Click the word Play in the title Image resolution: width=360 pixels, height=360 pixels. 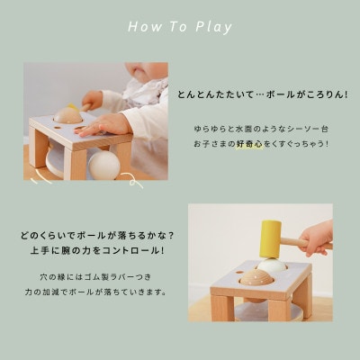pos(214,28)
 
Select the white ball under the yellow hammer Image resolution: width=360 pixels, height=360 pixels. pos(271,265)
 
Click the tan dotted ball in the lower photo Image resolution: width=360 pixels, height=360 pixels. pos(255,277)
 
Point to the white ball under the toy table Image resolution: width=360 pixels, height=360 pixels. pos(103,165)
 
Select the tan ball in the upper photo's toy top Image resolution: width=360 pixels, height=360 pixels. pos(68,115)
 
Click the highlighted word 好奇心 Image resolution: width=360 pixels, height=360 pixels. pos(249,144)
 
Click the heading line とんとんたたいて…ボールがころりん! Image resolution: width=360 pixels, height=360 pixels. pos(263,94)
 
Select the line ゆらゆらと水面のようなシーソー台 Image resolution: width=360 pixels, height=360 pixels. pos(261,130)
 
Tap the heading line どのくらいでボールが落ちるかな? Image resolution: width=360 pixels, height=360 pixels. pos(97,235)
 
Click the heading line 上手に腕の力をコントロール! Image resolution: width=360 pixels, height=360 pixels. pos(97,250)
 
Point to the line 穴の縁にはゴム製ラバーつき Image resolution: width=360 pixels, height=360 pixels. pos(95,276)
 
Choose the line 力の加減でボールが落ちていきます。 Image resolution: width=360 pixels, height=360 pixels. pos(95,292)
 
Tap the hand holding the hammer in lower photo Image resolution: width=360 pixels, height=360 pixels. pos(317,237)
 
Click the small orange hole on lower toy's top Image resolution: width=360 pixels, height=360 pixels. pos(238,273)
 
